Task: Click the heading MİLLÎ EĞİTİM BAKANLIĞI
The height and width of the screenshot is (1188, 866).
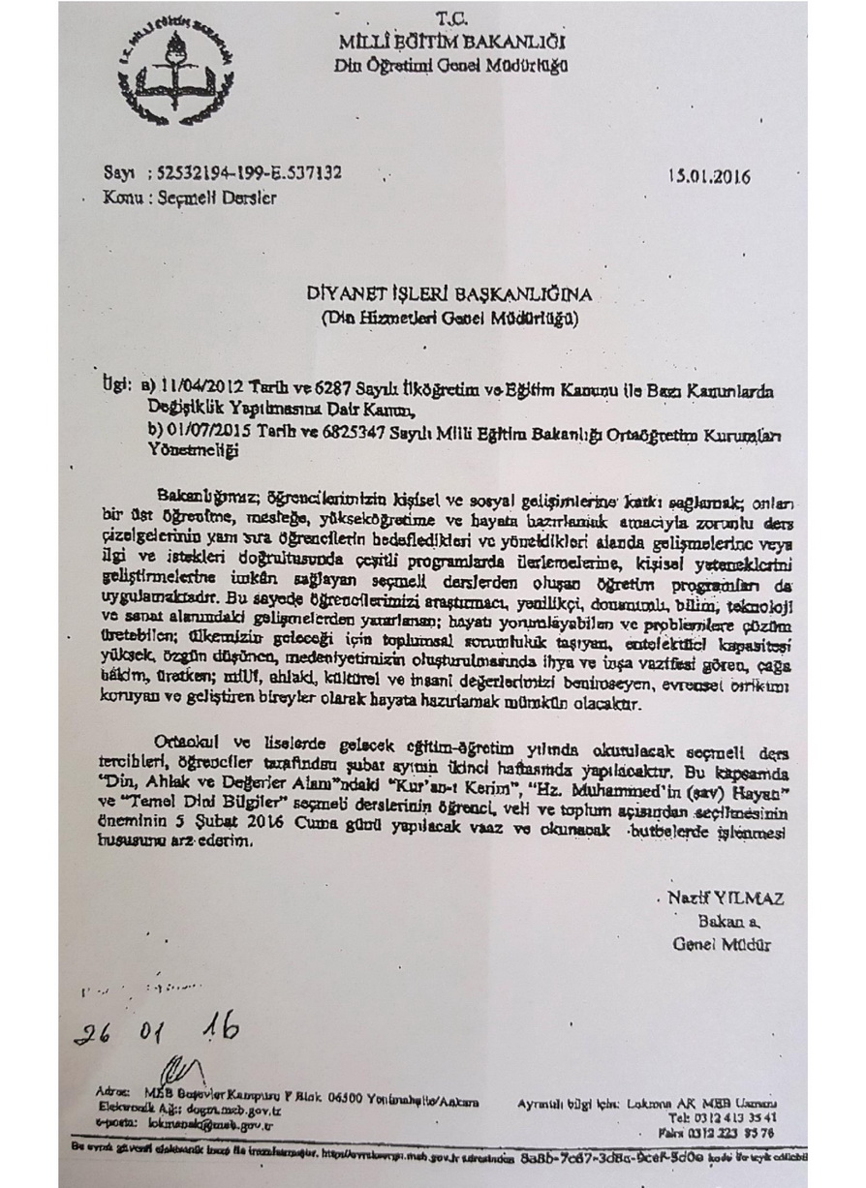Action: tap(451, 42)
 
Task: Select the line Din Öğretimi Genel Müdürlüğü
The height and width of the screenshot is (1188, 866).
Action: tap(450, 66)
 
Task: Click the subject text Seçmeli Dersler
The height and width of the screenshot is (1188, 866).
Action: tap(218, 198)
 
